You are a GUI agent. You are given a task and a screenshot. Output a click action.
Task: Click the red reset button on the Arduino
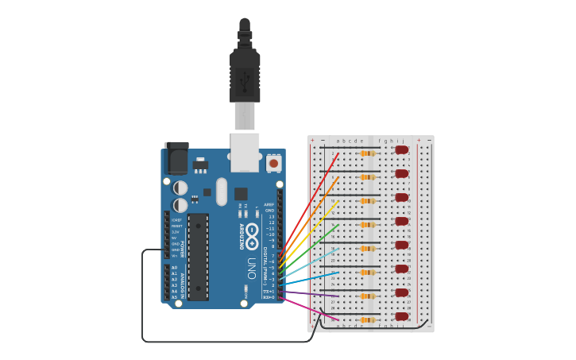(x=273, y=163)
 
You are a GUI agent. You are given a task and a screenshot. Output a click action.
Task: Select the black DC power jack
(x=176, y=158)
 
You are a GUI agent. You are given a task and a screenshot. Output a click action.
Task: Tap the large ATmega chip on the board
(x=198, y=256)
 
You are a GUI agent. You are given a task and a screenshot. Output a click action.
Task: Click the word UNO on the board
(x=251, y=267)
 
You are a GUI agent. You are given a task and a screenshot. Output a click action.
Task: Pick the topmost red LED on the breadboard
(x=401, y=149)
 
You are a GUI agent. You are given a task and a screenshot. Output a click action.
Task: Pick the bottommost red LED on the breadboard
(x=401, y=316)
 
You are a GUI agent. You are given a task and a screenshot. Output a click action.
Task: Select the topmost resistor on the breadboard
(x=367, y=153)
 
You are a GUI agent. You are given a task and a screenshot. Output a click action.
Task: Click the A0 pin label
(x=175, y=268)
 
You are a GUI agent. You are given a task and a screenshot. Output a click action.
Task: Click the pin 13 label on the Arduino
(x=270, y=216)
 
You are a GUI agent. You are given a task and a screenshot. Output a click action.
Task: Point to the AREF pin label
(x=269, y=204)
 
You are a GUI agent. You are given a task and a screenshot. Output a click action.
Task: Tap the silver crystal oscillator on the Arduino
(x=222, y=191)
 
